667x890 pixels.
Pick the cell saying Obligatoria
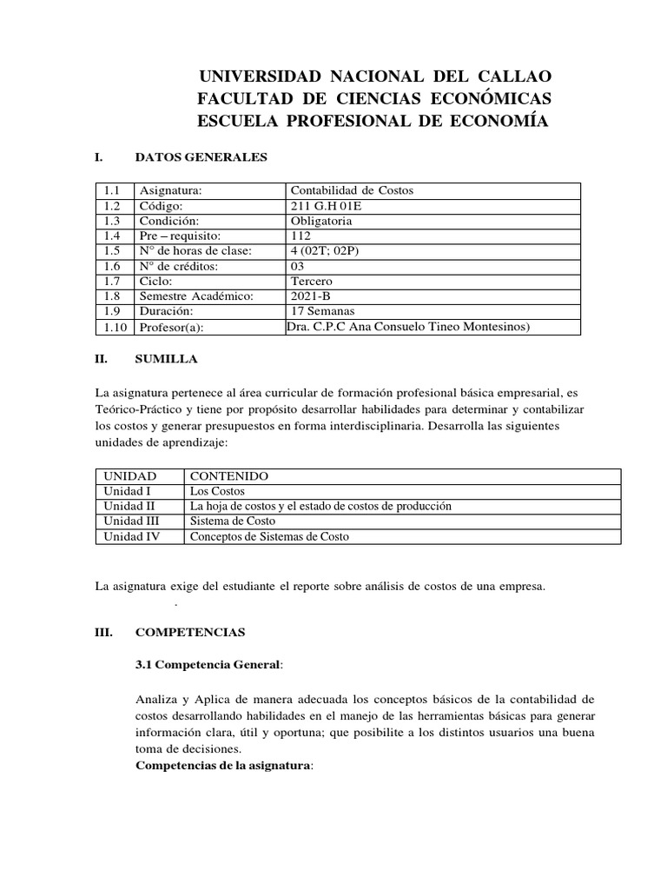321,221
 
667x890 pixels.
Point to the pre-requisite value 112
300,236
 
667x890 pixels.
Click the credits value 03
298,266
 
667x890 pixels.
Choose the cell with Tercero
312,282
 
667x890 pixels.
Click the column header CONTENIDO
229,476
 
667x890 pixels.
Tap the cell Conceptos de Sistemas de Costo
269,536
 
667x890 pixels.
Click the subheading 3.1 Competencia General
208,665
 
